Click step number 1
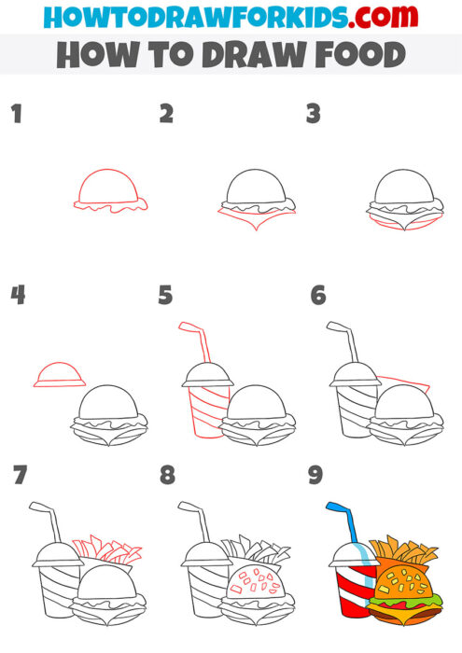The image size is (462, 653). [x=15, y=115]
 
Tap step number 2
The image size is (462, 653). [x=166, y=115]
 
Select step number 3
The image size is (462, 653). [x=314, y=115]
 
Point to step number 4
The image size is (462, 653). [x=17, y=296]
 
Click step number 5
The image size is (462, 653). [x=166, y=296]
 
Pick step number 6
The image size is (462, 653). [x=317, y=296]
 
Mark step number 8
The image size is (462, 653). [x=167, y=476]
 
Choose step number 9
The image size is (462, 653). [x=315, y=476]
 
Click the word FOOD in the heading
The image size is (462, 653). [x=355, y=55]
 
